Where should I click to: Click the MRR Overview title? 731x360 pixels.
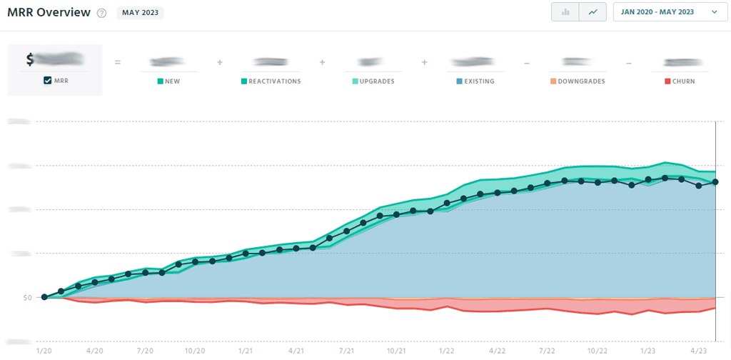tap(49, 12)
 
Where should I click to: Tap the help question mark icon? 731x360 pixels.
tap(102, 13)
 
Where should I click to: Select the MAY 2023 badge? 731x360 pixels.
tap(140, 13)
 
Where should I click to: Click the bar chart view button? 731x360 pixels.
tap(565, 12)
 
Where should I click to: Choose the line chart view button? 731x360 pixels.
tap(593, 12)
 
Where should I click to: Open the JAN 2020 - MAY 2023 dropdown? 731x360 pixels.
tap(669, 12)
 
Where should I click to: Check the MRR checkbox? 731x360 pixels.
tap(48, 81)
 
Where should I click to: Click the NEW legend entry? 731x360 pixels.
tap(168, 81)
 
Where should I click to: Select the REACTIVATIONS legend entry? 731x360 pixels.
tap(271, 81)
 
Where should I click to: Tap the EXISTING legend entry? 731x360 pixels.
tap(476, 81)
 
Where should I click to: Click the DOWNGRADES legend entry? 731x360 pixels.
tap(578, 81)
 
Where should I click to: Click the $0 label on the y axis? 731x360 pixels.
tap(23, 297)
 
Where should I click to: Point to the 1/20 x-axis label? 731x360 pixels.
tap(44, 351)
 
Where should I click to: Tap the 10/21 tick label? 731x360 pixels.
tap(396, 351)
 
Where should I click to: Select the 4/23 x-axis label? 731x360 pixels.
tap(699, 351)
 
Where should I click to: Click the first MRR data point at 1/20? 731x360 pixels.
tap(44, 296)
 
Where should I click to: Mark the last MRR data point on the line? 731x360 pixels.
tap(715, 182)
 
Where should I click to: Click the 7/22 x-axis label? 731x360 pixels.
tap(548, 351)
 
